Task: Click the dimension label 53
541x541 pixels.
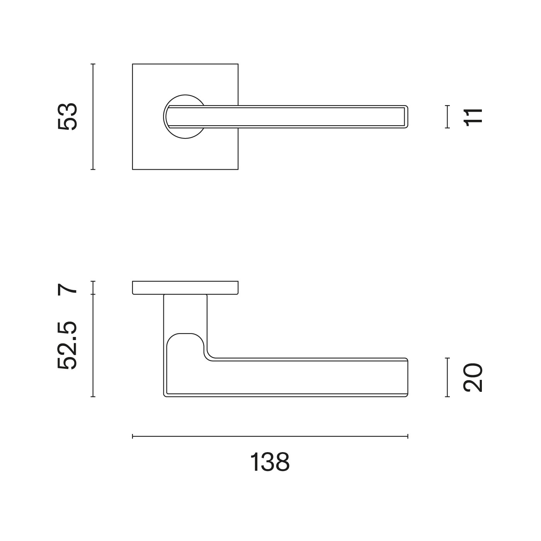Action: pyautogui.click(x=67, y=117)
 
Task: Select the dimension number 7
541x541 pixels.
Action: pyautogui.click(x=67, y=288)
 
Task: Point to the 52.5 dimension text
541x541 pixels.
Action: pyautogui.click(x=67, y=345)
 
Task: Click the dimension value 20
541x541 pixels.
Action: pyautogui.click(x=473, y=378)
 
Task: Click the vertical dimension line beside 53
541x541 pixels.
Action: pyautogui.click(x=93, y=117)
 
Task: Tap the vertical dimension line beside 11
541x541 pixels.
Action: pyautogui.click(x=447, y=117)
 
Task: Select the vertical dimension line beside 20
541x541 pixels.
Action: pyautogui.click(x=447, y=378)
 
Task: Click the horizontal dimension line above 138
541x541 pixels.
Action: pyautogui.click(x=270, y=436)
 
